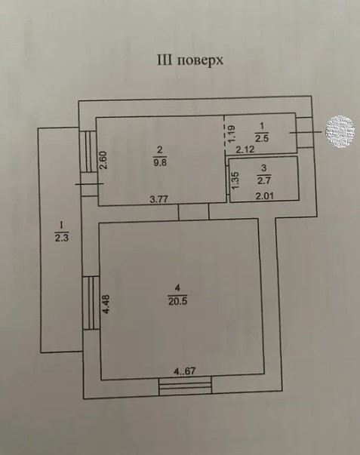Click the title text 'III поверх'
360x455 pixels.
[189, 61]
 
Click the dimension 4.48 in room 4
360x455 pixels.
[106, 303]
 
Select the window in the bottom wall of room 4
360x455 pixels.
[186, 386]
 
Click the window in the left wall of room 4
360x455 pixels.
[90, 302]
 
